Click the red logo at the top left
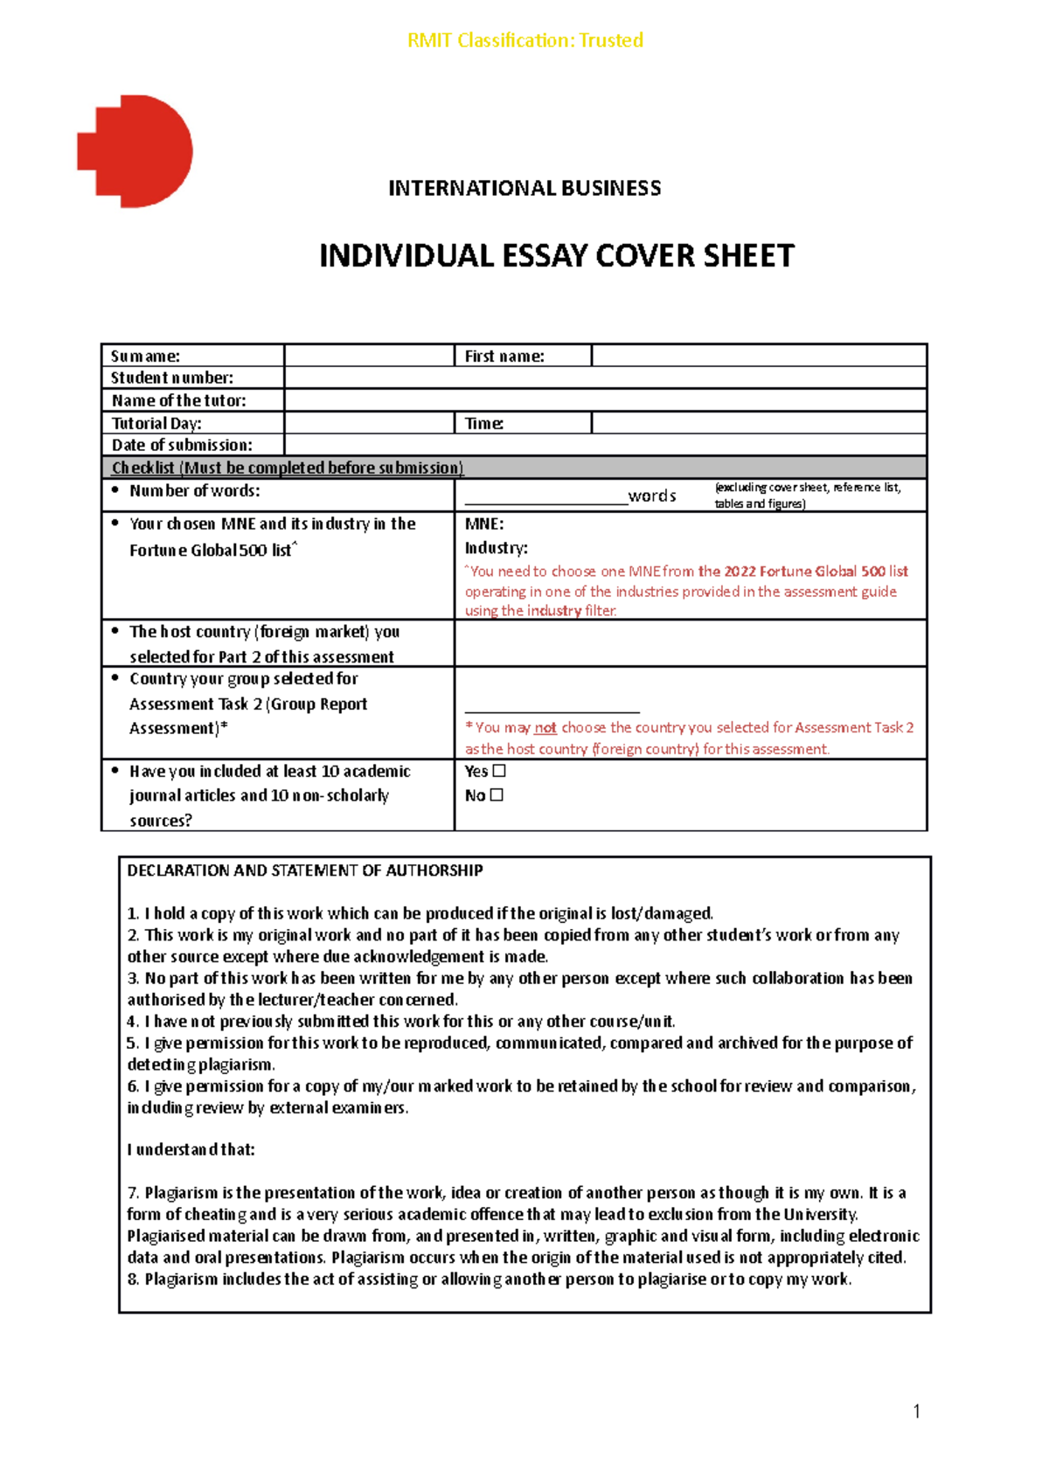[x=135, y=151]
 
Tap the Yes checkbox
[x=499, y=771]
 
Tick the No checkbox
[x=497, y=795]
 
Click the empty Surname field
[x=368, y=356]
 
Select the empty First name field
[x=758, y=356]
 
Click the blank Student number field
[x=604, y=378]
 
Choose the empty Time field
[x=758, y=423]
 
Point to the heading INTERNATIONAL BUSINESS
[x=524, y=188]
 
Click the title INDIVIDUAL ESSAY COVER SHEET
[x=556, y=256]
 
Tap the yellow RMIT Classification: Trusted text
[x=524, y=40]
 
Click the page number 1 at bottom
[x=916, y=1411]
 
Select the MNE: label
[x=484, y=524]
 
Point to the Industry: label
[x=496, y=548]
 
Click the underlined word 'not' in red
[x=545, y=727]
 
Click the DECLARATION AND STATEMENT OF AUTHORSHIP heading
[x=305, y=870]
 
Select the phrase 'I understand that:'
[x=191, y=1149]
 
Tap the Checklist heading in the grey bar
[x=288, y=468]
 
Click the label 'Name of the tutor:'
[x=178, y=400]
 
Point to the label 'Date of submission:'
[x=182, y=445]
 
